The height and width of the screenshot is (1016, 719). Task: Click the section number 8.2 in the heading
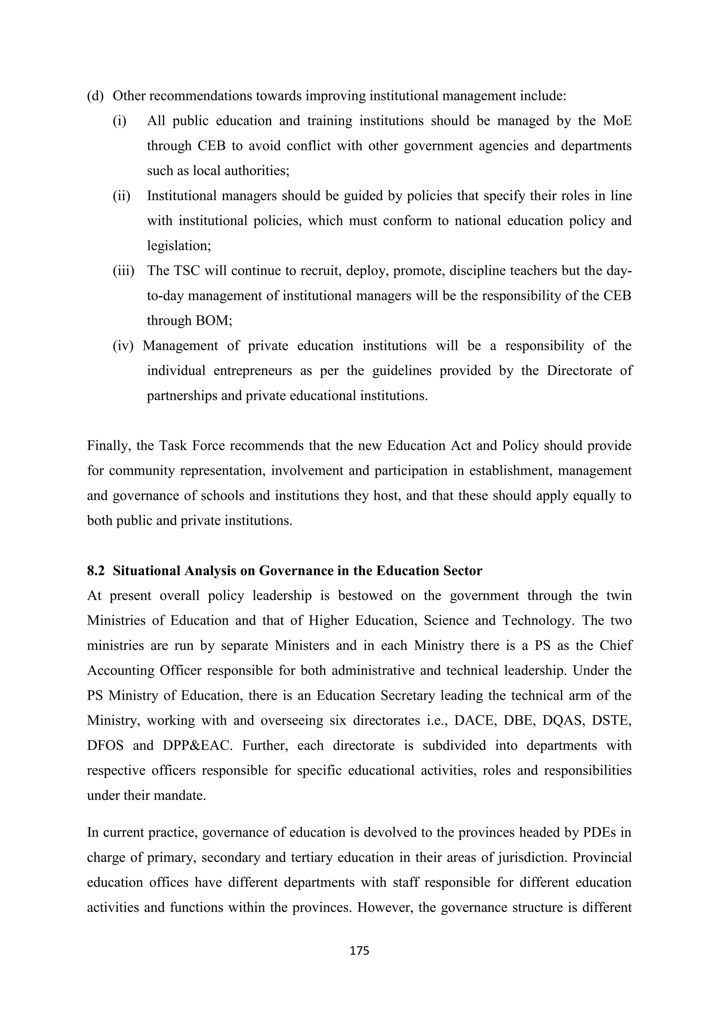pyautogui.click(x=95, y=571)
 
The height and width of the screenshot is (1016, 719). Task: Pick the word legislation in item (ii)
pyautogui.click(x=178, y=246)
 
